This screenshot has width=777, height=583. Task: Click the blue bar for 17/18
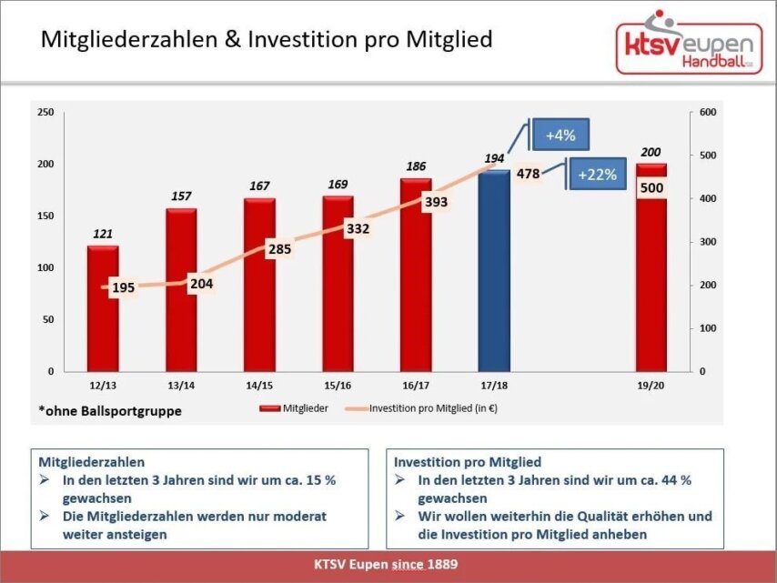pos(494,273)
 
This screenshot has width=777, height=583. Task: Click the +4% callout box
pos(560,136)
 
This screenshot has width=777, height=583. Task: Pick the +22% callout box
pos(598,173)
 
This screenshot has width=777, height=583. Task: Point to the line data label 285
pos(278,249)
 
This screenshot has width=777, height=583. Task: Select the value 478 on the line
pos(528,173)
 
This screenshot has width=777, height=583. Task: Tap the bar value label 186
pos(416,166)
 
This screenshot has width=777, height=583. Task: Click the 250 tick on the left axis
pos(45,112)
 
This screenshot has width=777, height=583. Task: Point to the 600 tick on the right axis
pos(709,112)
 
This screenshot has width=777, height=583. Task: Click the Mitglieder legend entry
pos(294,409)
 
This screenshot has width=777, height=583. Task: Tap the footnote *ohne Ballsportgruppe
pos(110,411)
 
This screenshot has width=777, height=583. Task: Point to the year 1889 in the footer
pos(439,565)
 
